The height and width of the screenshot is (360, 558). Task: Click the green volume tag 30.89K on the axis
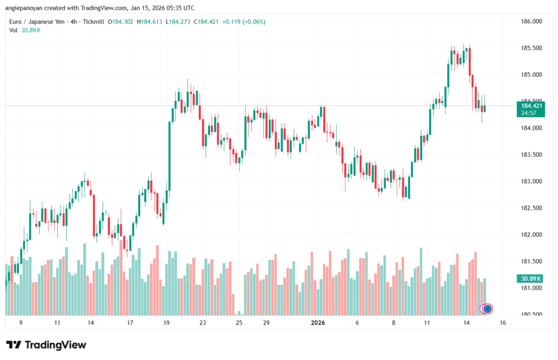[529, 278]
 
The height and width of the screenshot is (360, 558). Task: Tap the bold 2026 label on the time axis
[318, 323]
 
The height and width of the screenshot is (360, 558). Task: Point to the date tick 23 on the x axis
[202, 323]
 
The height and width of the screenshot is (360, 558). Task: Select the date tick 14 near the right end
[467, 323]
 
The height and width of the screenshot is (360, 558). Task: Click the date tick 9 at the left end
[21, 323]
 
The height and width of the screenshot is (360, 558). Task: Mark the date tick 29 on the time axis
[266, 323]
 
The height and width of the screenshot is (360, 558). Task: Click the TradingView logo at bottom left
[46, 345]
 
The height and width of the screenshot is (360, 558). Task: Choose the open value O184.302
[120, 22]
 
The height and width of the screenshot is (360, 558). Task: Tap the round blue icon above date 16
[487, 309]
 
